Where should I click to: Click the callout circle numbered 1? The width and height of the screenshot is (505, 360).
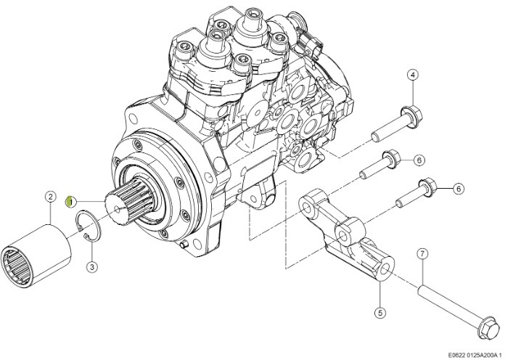pyautogui.click(x=71, y=202)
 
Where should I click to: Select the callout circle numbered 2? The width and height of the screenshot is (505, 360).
pyautogui.click(x=51, y=197)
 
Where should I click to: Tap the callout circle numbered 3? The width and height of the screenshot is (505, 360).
pyautogui.click(x=92, y=267)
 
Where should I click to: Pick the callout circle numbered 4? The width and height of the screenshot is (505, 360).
pyautogui.click(x=413, y=75)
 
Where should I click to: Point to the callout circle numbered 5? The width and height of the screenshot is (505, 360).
pyautogui.click(x=380, y=312)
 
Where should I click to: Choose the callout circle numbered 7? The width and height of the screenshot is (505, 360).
pyautogui.click(x=422, y=254)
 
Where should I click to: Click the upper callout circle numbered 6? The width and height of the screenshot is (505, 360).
pyautogui.click(x=419, y=160)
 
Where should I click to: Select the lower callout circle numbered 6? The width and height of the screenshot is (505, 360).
pyautogui.click(x=459, y=189)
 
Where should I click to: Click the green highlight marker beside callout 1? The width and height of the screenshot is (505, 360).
pyautogui.click(x=68, y=202)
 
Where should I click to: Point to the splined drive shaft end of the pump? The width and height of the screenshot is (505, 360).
pyautogui.click(x=129, y=202)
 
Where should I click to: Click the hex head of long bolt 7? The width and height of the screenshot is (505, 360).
pyautogui.click(x=488, y=328)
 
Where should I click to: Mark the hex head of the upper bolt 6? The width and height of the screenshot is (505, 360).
pyautogui.click(x=391, y=159)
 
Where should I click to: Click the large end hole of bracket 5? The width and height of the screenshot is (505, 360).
pyautogui.click(x=385, y=269)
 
